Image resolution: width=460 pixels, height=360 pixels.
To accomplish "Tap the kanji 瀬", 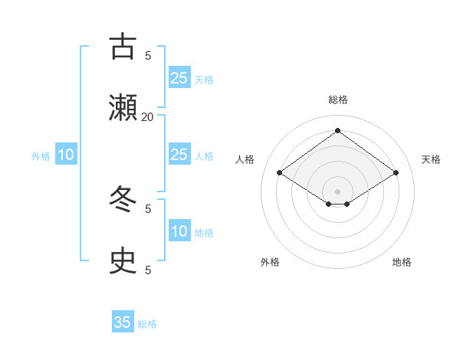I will (123, 108).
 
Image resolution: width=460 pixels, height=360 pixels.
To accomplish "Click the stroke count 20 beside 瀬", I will (148, 116).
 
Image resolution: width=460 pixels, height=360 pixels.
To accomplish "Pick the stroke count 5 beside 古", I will (148, 55).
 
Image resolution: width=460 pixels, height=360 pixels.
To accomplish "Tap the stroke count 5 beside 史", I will (148, 270).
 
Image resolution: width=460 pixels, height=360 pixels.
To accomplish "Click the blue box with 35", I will (123, 322).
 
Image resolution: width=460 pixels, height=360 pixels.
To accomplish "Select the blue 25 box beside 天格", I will (179, 77).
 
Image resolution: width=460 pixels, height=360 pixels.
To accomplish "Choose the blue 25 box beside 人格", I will (179, 155).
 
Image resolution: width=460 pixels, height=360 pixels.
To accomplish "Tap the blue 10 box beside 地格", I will (179, 231).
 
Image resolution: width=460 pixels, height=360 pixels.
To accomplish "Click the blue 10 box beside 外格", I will (66, 155).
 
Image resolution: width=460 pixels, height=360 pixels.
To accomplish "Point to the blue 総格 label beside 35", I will (147, 324).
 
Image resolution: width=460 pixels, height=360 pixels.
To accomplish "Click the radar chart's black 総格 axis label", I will (337, 100).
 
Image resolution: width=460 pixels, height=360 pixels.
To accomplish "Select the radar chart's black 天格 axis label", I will (431, 159).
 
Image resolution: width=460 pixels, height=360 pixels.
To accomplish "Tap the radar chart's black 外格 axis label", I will (270, 262).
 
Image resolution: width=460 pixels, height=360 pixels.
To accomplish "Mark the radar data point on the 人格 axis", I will (280, 173).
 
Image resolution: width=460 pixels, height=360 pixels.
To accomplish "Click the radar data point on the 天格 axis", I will (396, 173).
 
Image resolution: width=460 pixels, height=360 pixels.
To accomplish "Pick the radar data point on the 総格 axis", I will (337, 130).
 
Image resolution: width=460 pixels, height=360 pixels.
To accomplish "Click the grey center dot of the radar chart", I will (337, 191).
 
